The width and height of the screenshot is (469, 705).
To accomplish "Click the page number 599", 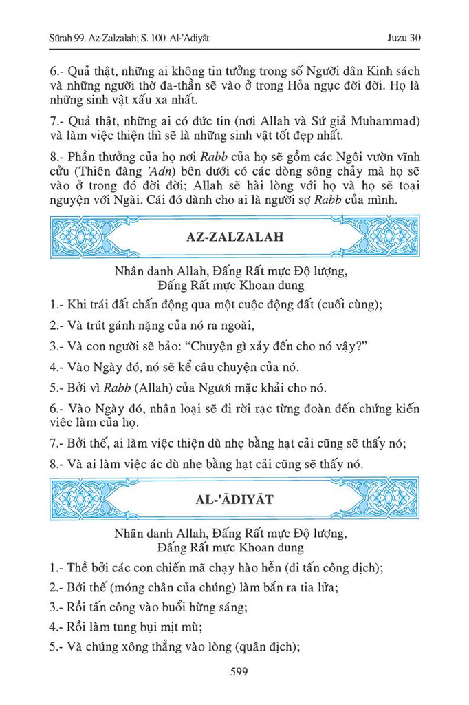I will coord(235,672).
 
